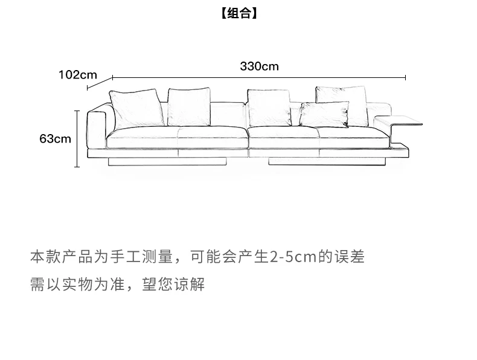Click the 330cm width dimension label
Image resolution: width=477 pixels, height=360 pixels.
(x=259, y=66)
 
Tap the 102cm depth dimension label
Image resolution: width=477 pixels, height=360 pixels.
(x=77, y=75)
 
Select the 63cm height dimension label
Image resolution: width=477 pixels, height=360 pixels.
(x=55, y=139)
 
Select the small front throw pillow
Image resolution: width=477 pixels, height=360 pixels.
(x=324, y=114)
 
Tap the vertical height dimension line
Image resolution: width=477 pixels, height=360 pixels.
(x=77, y=139)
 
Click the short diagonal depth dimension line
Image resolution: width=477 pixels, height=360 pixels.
(x=100, y=83)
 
